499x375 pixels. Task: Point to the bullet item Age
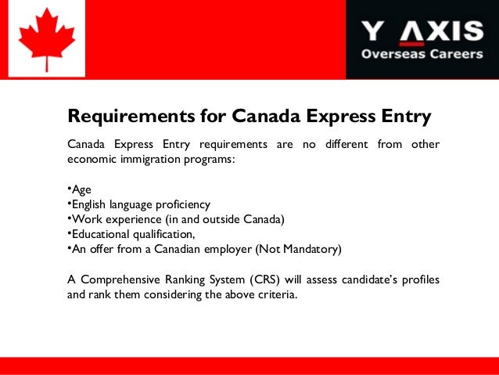(x=80, y=189)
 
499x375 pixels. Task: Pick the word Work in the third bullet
(x=85, y=219)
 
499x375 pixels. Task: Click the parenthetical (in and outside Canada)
(x=226, y=219)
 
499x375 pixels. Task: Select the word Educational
(x=101, y=234)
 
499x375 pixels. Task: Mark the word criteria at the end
(x=277, y=295)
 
